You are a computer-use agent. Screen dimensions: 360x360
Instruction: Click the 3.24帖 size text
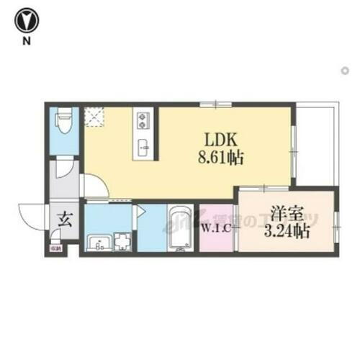click(287, 232)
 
